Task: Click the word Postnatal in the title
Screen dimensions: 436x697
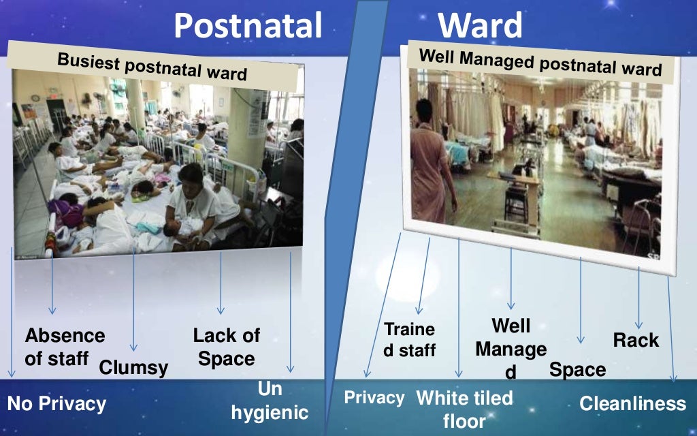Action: click(247, 25)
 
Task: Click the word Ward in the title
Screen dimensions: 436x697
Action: click(480, 25)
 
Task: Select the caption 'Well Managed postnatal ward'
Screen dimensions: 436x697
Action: click(540, 63)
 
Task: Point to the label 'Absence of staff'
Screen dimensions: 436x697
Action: click(65, 347)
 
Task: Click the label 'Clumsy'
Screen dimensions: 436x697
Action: click(133, 368)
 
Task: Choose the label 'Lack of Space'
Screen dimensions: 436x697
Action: click(226, 346)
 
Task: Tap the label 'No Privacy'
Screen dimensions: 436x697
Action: click(56, 404)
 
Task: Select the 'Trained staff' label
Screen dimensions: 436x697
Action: click(409, 339)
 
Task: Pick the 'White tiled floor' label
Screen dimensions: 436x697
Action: click(464, 409)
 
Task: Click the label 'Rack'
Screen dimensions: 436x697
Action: click(636, 340)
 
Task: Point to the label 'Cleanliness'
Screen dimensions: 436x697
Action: click(632, 403)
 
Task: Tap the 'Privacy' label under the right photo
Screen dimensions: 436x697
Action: click(374, 397)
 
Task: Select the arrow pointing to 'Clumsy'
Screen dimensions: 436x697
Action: click(133, 300)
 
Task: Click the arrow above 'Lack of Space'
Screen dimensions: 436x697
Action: click(221, 283)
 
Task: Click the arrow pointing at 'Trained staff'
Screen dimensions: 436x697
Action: click(424, 276)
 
